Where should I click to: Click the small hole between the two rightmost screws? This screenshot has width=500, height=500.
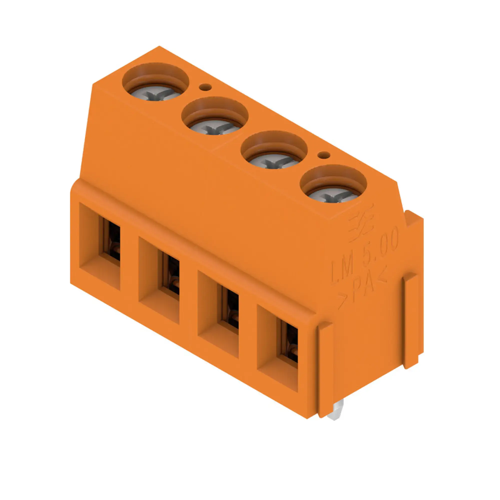(323, 155)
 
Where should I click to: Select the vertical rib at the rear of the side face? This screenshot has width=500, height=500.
(411, 321)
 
